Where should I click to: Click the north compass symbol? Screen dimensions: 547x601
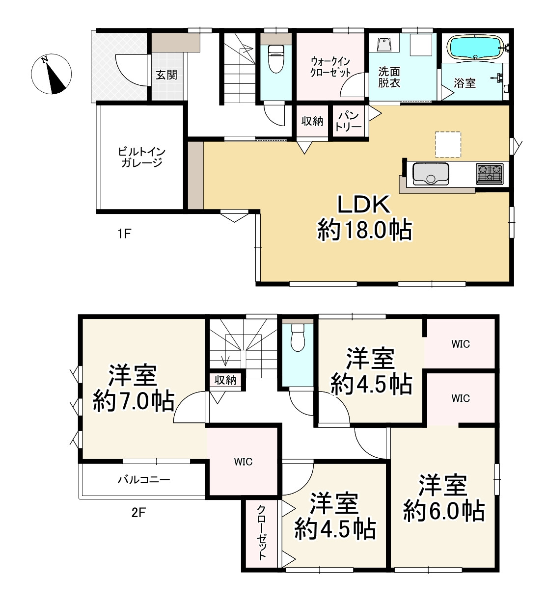(x=51, y=74)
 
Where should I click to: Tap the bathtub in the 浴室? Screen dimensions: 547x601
(x=476, y=48)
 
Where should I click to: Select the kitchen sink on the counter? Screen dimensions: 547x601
(x=430, y=174)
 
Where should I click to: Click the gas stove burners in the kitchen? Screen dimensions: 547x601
(x=489, y=174)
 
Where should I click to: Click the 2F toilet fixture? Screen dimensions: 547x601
(x=298, y=337)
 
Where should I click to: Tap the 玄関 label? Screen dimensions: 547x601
(x=166, y=75)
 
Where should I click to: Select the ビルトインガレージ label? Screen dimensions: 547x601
(x=141, y=157)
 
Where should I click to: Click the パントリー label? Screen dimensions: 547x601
(x=348, y=121)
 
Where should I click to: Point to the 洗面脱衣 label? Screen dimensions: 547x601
(x=389, y=77)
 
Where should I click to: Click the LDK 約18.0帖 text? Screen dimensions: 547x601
(x=364, y=217)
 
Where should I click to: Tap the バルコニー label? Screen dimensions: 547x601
(x=144, y=480)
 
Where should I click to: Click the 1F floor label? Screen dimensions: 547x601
(x=124, y=234)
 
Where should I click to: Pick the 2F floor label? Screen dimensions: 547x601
(x=138, y=513)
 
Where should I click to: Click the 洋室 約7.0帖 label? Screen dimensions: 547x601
(x=134, y=388)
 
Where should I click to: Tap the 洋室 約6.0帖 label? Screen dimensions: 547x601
(x=443, y=498)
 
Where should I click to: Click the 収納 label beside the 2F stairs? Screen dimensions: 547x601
(x=225, y=380)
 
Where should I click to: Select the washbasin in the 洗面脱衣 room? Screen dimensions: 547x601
(x=384, y=44)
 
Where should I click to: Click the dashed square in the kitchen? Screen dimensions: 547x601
(x=448, y=144)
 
